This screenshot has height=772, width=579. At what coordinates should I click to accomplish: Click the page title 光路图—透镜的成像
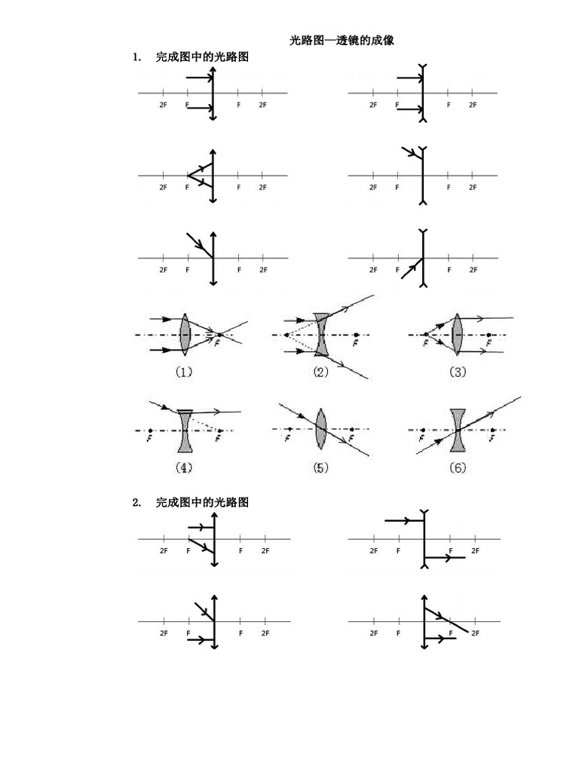point(342,41)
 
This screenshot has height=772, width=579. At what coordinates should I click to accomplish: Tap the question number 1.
point(136,57)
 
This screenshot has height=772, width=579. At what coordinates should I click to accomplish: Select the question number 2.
point(136,502)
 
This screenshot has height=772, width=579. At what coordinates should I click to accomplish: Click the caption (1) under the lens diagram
point(184,372)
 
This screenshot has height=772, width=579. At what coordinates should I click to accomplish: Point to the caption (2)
point(321,372)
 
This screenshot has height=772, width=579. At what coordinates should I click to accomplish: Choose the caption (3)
point(458,372)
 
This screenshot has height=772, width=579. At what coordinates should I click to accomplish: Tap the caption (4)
point(184,467)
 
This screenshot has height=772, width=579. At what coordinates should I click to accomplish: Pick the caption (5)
point(321,467)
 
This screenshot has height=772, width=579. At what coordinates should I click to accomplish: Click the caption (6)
point(458,467)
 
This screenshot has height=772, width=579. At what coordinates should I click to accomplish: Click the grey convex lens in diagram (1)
point(185,334)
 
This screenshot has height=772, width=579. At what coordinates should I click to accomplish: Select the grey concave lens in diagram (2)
point(322,334)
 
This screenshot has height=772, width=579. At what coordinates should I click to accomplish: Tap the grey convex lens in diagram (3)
point(457,334)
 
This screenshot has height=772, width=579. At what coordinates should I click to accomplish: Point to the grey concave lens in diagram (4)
point(185,430)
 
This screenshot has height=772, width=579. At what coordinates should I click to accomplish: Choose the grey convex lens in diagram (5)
point(321,430)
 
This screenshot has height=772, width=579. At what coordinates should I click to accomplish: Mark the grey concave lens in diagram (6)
point(458,430)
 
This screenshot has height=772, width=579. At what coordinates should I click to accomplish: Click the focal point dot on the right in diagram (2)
point(356,334)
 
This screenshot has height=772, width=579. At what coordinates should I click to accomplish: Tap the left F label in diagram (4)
point(149,438)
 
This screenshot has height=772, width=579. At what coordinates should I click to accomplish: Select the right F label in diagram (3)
point(489,342)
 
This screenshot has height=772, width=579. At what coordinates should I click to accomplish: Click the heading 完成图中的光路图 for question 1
point(202,57)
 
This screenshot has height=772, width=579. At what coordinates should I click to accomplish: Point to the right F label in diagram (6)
point(492,438)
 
